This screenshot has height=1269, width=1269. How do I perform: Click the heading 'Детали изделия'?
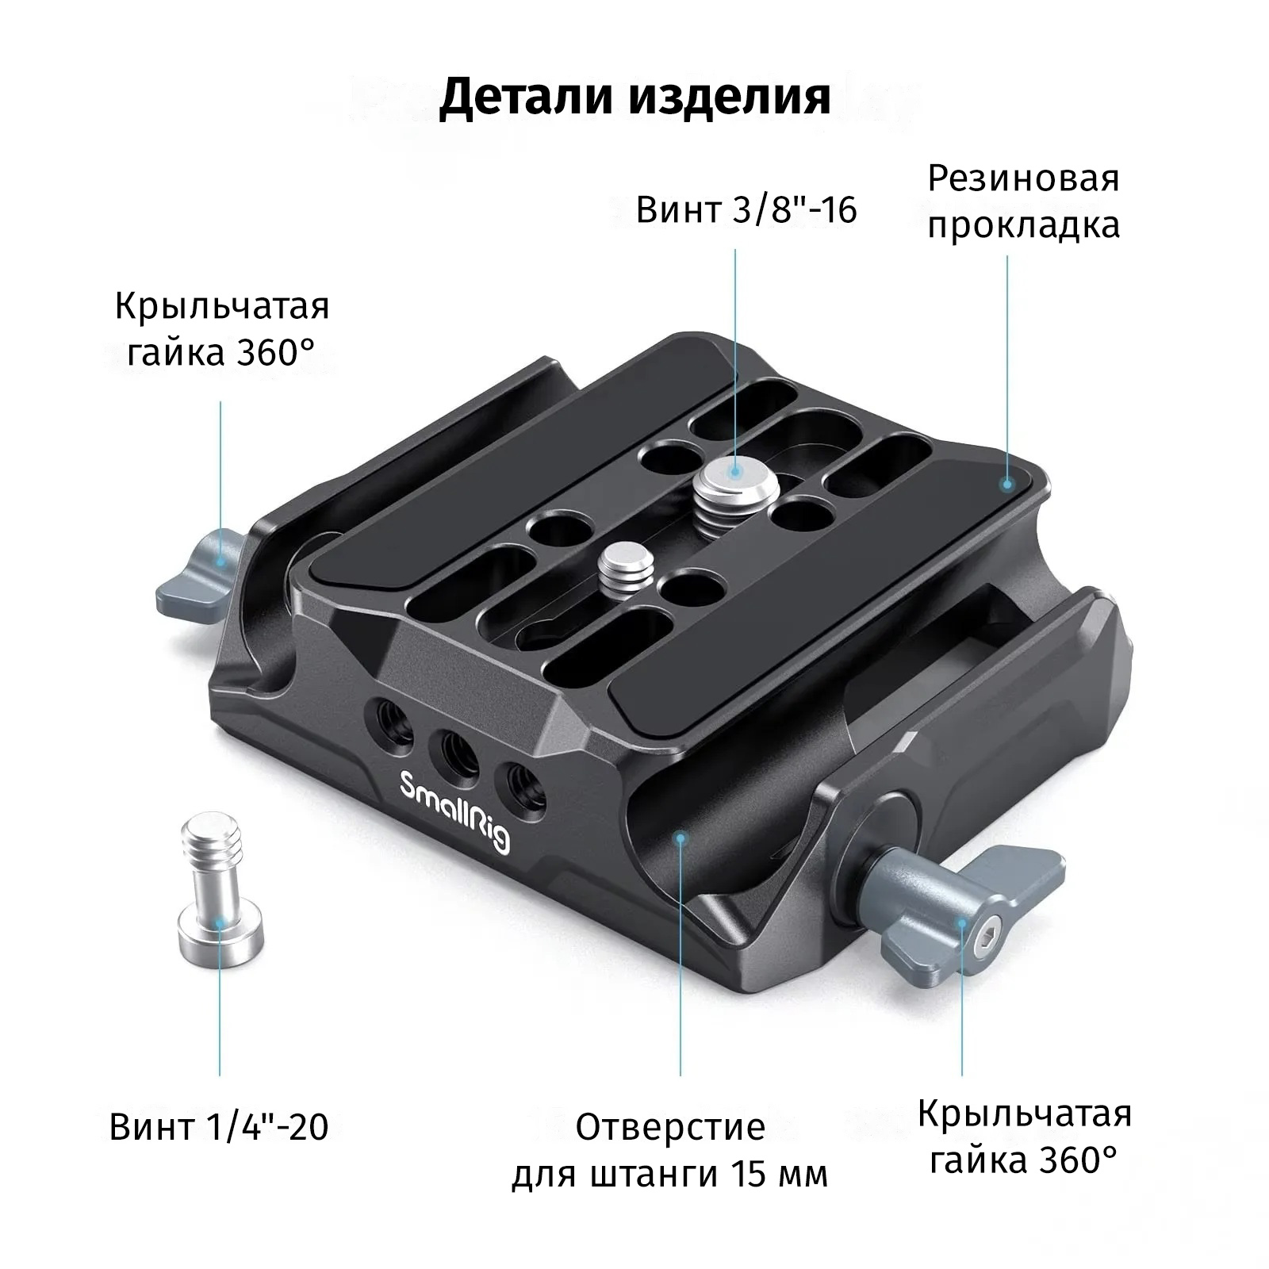(634, 98)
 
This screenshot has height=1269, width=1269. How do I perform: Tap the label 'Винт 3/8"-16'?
(746, 211)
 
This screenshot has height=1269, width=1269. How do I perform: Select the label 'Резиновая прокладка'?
(1024, 201)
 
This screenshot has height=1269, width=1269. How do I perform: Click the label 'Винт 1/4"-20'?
(219, 1126)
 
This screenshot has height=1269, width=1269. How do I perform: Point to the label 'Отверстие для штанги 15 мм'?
(670, 1150)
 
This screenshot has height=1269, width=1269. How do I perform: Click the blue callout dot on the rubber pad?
(1008, 481)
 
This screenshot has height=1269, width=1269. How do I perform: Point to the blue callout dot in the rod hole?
(680, 838)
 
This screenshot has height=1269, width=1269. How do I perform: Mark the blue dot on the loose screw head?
(220, 921)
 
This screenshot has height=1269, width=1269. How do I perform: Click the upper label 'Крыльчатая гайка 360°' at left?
(222, 328)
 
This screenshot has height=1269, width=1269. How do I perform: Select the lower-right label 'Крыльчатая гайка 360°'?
(1024, 1137)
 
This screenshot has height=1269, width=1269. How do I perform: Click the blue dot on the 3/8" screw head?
(736, 471)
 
